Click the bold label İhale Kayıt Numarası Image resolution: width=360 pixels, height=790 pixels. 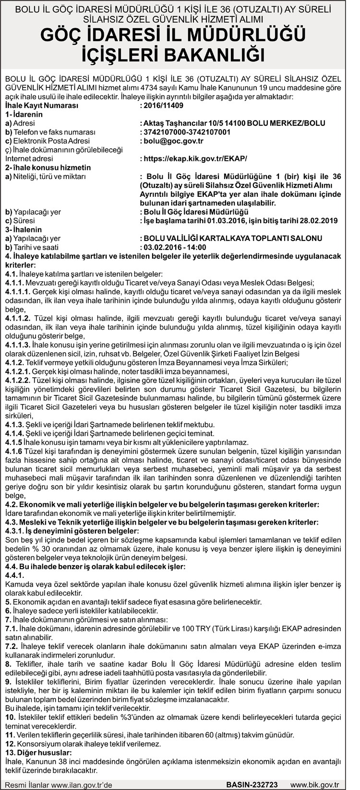(x=41, y=105)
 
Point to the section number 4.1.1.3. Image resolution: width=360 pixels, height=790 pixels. (x=18, y=345)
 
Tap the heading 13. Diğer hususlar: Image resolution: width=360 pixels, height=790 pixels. (x=38, y=753)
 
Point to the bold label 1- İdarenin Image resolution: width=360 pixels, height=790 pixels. (x=24, y=114)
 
